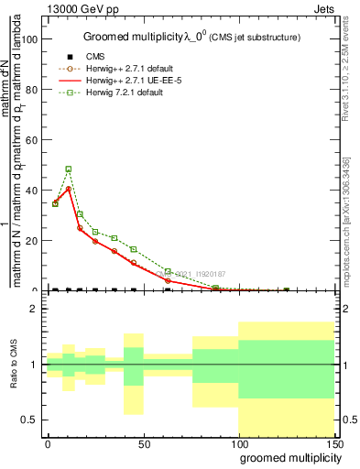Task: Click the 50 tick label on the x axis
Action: tap(144, 443)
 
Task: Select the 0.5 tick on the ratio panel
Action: tap(30, 420)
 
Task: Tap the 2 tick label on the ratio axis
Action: tap(35, 309)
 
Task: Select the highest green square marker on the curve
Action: tap(69, 169)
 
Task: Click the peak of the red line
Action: tap(69, 189)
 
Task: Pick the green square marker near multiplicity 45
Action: tap(134, 249)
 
